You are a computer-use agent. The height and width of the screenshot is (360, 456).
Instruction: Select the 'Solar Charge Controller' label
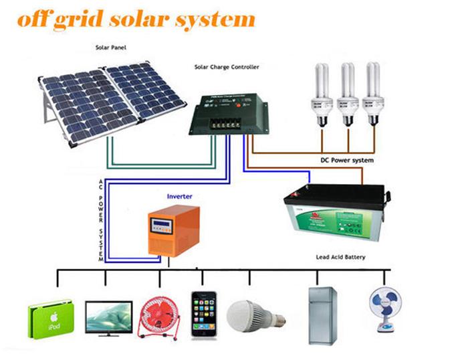226,68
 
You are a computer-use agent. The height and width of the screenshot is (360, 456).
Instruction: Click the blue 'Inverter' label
181,197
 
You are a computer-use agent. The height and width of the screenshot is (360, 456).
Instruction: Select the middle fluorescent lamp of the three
346,94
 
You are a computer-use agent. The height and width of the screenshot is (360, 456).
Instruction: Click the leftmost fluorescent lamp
322,94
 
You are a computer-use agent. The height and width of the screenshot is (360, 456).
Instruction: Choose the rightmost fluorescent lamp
371,94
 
